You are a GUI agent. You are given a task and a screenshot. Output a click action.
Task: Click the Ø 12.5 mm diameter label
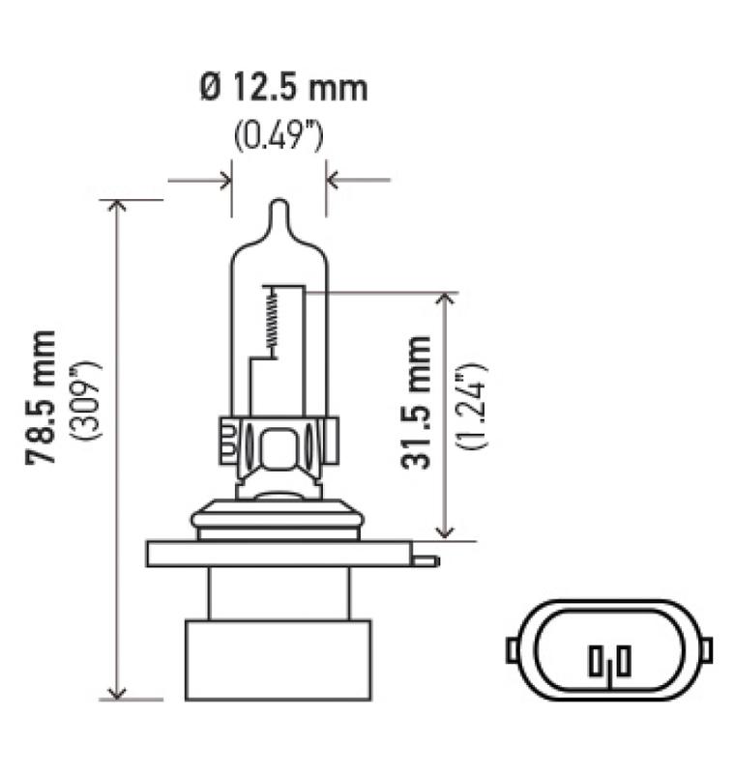click(283, 89)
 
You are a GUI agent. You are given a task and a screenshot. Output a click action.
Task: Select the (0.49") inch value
click(279, 136)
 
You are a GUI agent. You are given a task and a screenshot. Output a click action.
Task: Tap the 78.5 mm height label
click(43, 399)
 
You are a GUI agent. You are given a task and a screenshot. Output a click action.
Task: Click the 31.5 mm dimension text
click(417, 402)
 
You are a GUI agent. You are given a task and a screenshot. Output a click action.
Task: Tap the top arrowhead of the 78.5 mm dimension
click(118, 207)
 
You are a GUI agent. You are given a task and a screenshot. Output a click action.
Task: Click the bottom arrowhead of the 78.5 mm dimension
click(118, 692)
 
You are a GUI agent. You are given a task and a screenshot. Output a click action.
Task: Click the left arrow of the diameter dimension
click(224, 180)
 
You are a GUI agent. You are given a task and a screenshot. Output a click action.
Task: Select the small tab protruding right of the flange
click(425, 559)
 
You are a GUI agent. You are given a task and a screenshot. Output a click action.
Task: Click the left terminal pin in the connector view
click(594, 663)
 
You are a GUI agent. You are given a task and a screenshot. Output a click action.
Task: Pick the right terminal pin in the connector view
click(625, 661)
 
